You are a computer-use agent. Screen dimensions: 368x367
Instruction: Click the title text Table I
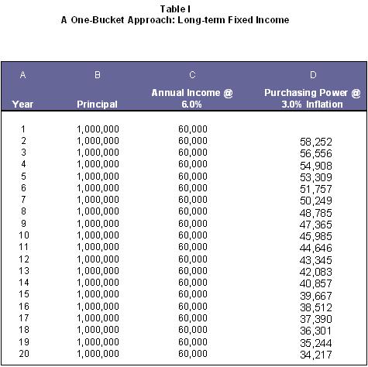pos(175,9)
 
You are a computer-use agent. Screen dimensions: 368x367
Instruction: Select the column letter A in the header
pos(22,75)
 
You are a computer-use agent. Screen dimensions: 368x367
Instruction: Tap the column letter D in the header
pos(313,75)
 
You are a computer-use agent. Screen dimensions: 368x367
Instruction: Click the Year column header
pos(22,105)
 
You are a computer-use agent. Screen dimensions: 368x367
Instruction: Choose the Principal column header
pos(97,105)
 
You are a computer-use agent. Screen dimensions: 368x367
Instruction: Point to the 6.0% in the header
pos(191,105)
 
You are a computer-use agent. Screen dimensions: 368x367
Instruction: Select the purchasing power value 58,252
pos(316,142)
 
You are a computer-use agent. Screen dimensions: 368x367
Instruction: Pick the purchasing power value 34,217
pos(316,355)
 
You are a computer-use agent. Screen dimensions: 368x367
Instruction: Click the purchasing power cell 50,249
pos(316,201)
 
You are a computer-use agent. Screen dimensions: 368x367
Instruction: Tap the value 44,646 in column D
pos(316,248)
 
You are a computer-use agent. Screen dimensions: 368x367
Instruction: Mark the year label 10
pos(24,235)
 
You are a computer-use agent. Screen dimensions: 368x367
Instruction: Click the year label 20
pos(24,353)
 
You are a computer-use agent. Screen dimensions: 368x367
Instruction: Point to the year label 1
pos(23,129)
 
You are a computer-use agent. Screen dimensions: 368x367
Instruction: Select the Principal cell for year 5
pos(98,177)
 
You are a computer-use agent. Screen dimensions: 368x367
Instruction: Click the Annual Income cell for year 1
pos(193,129)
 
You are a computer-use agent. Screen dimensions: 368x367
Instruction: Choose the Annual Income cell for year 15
pos(193,294)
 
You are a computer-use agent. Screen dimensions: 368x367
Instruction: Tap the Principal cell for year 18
pos(98,330)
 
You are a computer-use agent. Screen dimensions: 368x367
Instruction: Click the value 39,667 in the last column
pos(316,296)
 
